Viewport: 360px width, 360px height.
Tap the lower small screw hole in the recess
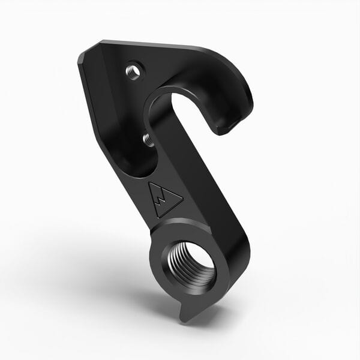(146, 140)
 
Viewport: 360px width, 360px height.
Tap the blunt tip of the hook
(230, 127)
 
